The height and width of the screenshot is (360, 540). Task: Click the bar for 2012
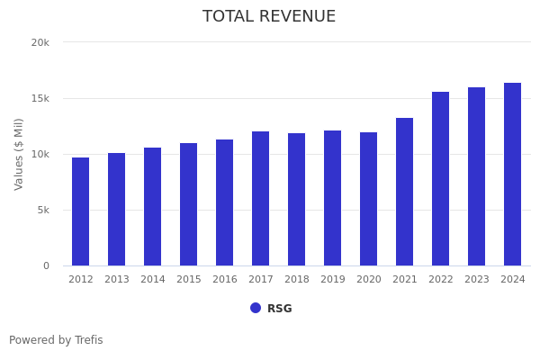click(x=81, y=211)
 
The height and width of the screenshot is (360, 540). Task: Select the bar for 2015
click(x=189, y=204)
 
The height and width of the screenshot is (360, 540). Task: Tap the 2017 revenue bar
click(x=261, y=199)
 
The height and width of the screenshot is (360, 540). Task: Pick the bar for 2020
click(x=369, y=199)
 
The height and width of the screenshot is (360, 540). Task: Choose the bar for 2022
click(x=441, y=179)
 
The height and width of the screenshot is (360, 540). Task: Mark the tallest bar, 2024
click(x=513, y=175)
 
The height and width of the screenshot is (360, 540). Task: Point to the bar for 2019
click(x=333, y=198)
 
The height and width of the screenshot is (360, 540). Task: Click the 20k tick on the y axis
click(x=40, y=42)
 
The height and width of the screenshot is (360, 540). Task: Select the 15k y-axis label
click(x=40, y=98)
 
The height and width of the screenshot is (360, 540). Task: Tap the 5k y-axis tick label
click(x=42, y=210)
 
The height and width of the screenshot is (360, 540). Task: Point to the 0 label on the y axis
click(x=45, y=265)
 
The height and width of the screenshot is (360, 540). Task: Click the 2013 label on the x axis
click(x=117, y=280)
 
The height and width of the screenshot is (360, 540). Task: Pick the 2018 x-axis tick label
click(x=297, y=280)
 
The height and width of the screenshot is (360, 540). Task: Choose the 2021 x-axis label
click(x=405, y=280)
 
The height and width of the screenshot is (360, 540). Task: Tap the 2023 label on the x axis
click(x=477, y=280)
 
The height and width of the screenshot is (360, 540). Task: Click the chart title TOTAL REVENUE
click(x=269, y=17)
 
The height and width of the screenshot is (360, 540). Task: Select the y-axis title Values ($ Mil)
click(x=19, y=154)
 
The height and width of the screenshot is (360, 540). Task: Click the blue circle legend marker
click(x=256, y=308)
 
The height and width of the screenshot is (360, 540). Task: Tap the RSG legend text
click(x=280, y=309)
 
